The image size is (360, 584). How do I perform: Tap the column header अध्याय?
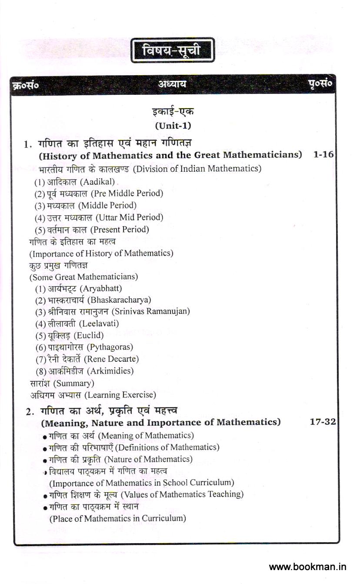pos(172,84)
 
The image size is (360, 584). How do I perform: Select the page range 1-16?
pos(323,154)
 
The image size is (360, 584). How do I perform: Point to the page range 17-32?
pos(323,422)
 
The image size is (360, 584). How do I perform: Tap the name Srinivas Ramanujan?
pos(150,312)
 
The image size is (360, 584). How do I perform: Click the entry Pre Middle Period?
pos(125,194)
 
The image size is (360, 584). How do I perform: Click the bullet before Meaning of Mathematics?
pos(45,437)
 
